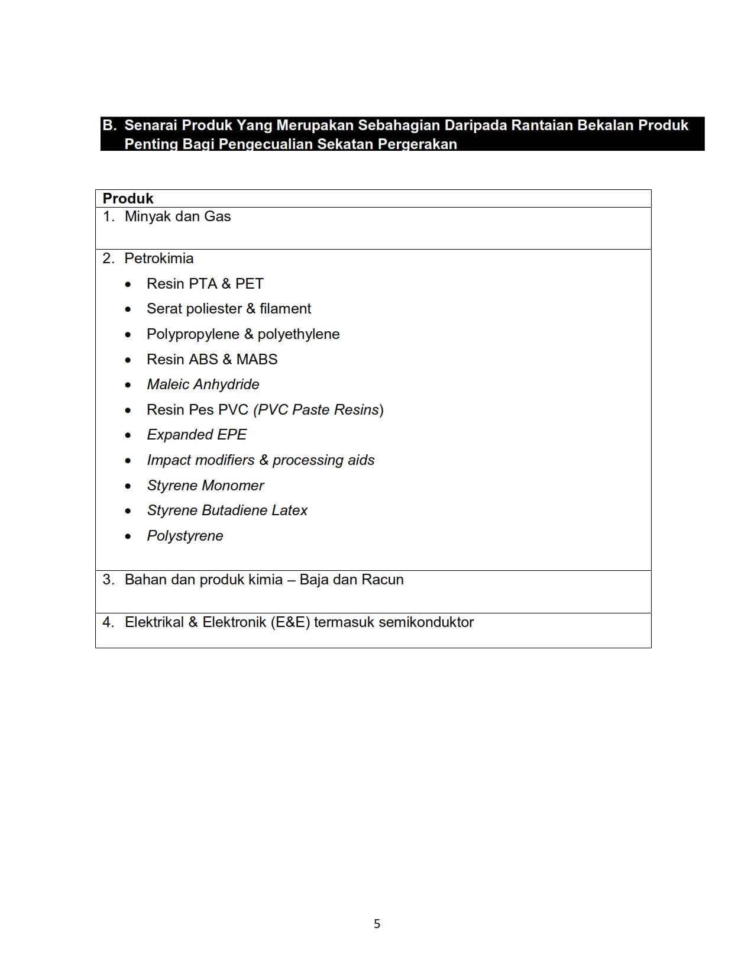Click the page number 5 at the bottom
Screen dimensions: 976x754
tap(377, 924)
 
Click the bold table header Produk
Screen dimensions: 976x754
tap(128, 199)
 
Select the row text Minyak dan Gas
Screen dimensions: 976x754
tap(177, 216)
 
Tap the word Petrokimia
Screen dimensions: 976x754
tap(158, 258)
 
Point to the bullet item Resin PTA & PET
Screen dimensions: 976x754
tap(205, 284)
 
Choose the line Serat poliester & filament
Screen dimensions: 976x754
tap(228, 309)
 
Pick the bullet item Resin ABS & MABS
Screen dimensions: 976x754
tap(212, 360)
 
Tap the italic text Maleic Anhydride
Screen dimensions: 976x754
tap(203, 384)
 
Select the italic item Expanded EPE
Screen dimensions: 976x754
tap(196, 435)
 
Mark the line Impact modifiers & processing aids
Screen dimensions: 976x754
tap(260, 460)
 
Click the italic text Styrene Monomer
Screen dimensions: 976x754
tap(205, 486)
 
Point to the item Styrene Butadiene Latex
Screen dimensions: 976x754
tap(227, 510)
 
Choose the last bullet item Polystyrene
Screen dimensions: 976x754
tap(185, 536)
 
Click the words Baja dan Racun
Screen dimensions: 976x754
tap(351, 580)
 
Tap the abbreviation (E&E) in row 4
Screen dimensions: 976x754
tap(290, 622)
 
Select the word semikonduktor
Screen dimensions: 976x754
tap(426, 622)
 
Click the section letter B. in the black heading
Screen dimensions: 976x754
tap(109, 125)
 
